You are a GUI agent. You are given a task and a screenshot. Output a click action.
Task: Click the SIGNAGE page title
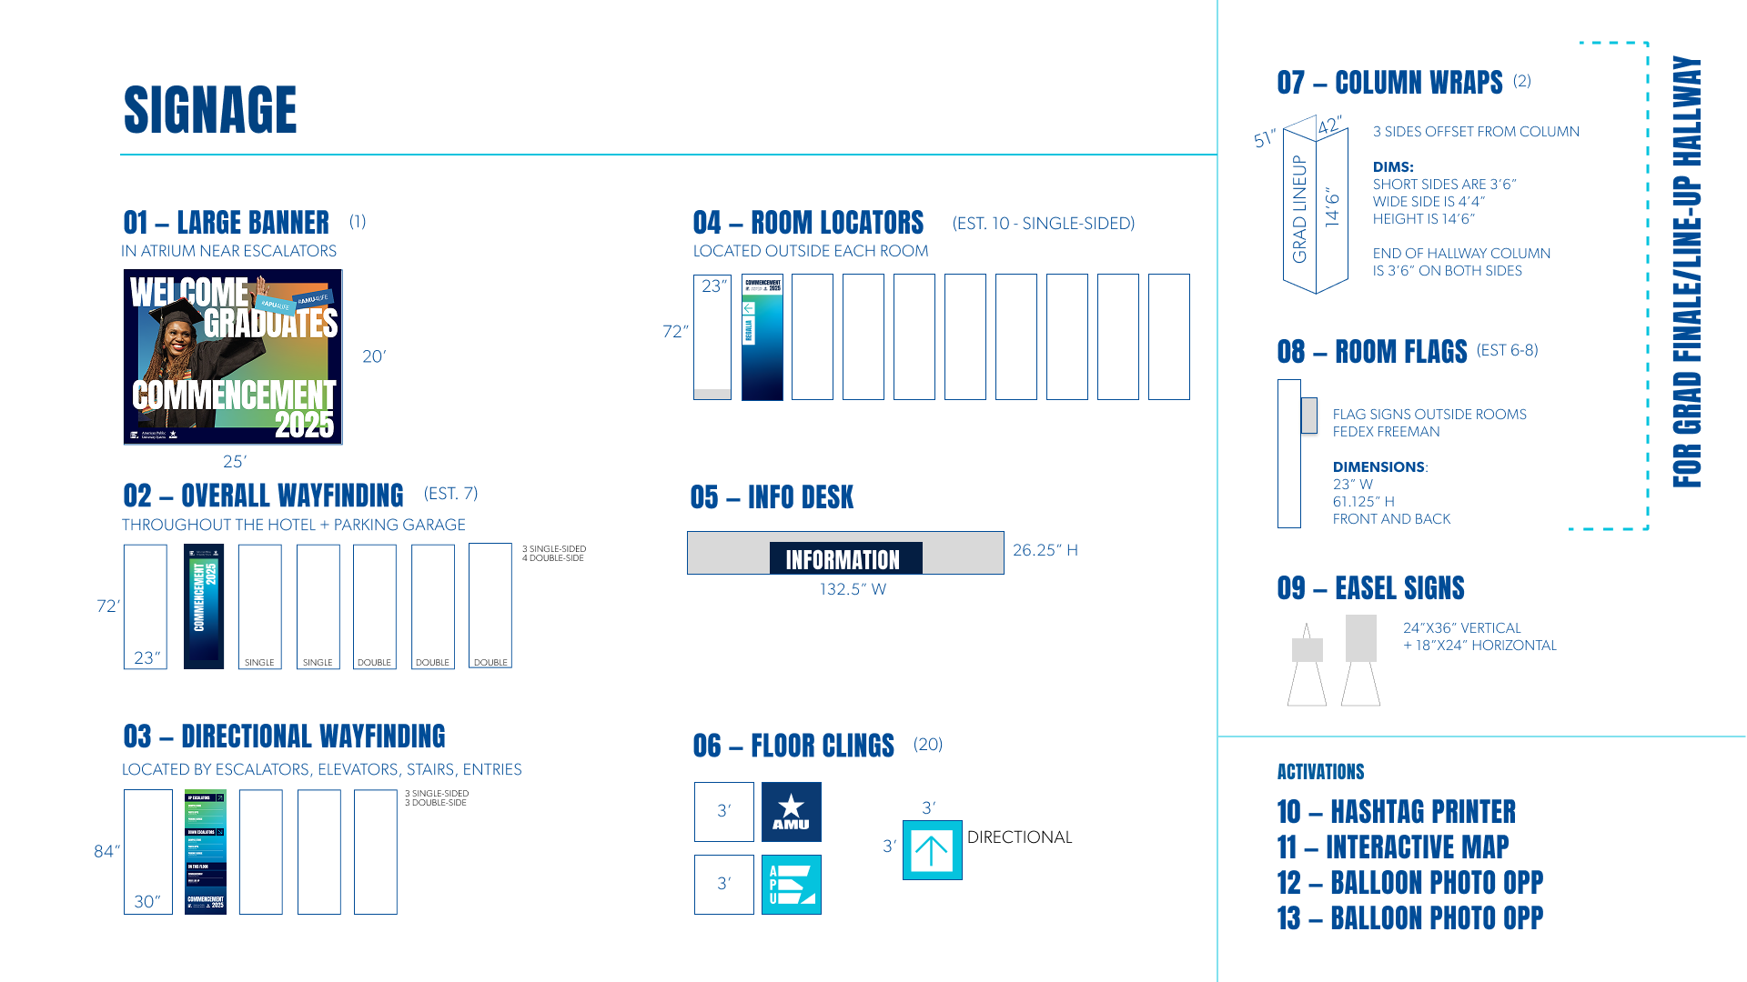coord(210,110)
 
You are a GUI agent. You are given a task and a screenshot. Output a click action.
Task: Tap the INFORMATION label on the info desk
coord(843,559)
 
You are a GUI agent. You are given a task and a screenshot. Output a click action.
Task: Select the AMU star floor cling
coord(791,811)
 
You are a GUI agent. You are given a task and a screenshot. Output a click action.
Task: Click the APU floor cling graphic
coord(791,884)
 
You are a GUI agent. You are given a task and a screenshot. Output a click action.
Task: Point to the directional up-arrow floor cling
coord(932,850)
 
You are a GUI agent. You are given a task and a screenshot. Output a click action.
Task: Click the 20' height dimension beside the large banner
coord(374,356)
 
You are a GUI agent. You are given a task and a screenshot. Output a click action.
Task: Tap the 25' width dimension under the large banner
coord(235,462)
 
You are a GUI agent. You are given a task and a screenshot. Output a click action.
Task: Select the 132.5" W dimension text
coord(853,589)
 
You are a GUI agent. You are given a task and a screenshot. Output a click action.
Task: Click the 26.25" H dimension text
coord(1045,550)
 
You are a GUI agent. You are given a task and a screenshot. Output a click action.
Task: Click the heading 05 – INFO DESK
coord(772,497)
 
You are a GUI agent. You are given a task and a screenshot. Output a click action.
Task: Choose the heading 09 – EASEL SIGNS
coord(1370,588)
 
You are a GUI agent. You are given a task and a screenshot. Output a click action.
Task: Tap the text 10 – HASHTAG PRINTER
coord(1396,811)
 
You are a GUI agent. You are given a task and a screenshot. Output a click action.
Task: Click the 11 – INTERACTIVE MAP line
coord(1392,847)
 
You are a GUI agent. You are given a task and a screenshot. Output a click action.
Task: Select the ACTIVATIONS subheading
coord(1320,772)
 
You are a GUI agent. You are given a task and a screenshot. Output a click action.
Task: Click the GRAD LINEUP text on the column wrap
coord(1299,209)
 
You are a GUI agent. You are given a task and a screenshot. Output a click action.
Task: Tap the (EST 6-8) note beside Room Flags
coord(1507,350)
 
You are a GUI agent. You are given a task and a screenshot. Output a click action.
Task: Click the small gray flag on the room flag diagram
coord(1309,416)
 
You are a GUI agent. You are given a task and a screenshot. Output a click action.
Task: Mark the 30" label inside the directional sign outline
coord(147,901)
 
